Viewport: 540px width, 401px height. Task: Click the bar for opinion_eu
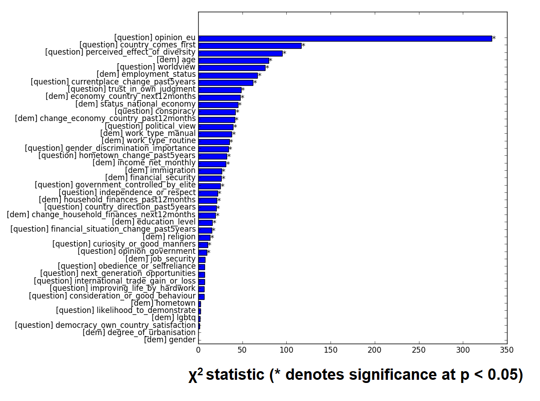point(345,38)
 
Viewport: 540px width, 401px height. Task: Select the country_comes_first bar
point(250,46)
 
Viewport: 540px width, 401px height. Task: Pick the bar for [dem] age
point(233,61)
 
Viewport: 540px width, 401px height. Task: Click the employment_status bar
point(228,75)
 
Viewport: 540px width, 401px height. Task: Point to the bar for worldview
point(232,68)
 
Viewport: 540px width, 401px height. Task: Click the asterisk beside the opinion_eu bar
point(494,39)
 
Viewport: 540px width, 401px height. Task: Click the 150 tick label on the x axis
point(331,350)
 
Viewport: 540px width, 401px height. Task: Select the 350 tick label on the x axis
point(507,350)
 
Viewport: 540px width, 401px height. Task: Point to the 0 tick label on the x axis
point(198,350)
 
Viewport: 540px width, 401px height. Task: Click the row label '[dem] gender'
point(170,340)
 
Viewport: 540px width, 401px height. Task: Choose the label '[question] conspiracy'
point(155,111)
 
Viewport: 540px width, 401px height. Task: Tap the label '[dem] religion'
point(169,237)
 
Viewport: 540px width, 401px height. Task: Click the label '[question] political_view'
point(150,126)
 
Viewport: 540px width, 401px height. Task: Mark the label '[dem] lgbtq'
point(173,318)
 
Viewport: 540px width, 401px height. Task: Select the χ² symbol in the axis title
point(196,375)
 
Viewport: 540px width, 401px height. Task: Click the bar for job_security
point(202,260)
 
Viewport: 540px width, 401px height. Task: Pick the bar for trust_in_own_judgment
point(220,90)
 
